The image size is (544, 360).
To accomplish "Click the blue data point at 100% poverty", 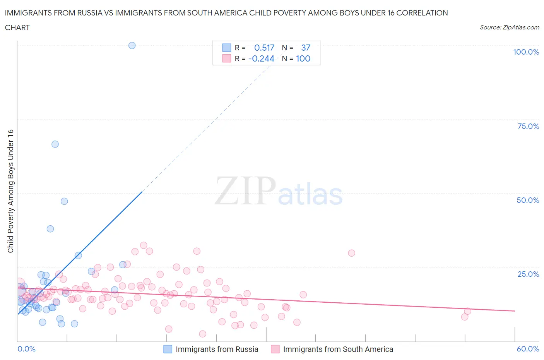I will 132,45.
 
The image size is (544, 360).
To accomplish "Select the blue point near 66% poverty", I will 55,144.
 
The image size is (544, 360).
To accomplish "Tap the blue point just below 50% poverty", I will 64,201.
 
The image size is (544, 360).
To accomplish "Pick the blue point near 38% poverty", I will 50,229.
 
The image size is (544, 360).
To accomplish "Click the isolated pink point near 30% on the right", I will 351,253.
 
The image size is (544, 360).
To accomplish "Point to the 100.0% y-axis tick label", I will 526,52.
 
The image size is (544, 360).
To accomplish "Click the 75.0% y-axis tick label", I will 528,126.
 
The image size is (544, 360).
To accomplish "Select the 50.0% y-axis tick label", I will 528,200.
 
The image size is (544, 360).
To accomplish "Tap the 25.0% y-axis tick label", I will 528,274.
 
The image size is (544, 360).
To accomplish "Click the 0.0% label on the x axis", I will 26,349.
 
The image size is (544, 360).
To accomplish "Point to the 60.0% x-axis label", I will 528,349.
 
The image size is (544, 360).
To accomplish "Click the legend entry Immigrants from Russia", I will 217,349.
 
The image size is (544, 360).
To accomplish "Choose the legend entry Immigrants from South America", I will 338,349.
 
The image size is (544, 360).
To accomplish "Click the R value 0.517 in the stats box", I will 264,48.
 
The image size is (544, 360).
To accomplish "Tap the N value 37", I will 306,48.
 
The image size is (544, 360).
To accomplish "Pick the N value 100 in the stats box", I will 303,58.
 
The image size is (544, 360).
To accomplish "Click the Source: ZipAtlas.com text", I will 509,27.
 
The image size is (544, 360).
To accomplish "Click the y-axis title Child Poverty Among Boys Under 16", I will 10,191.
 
